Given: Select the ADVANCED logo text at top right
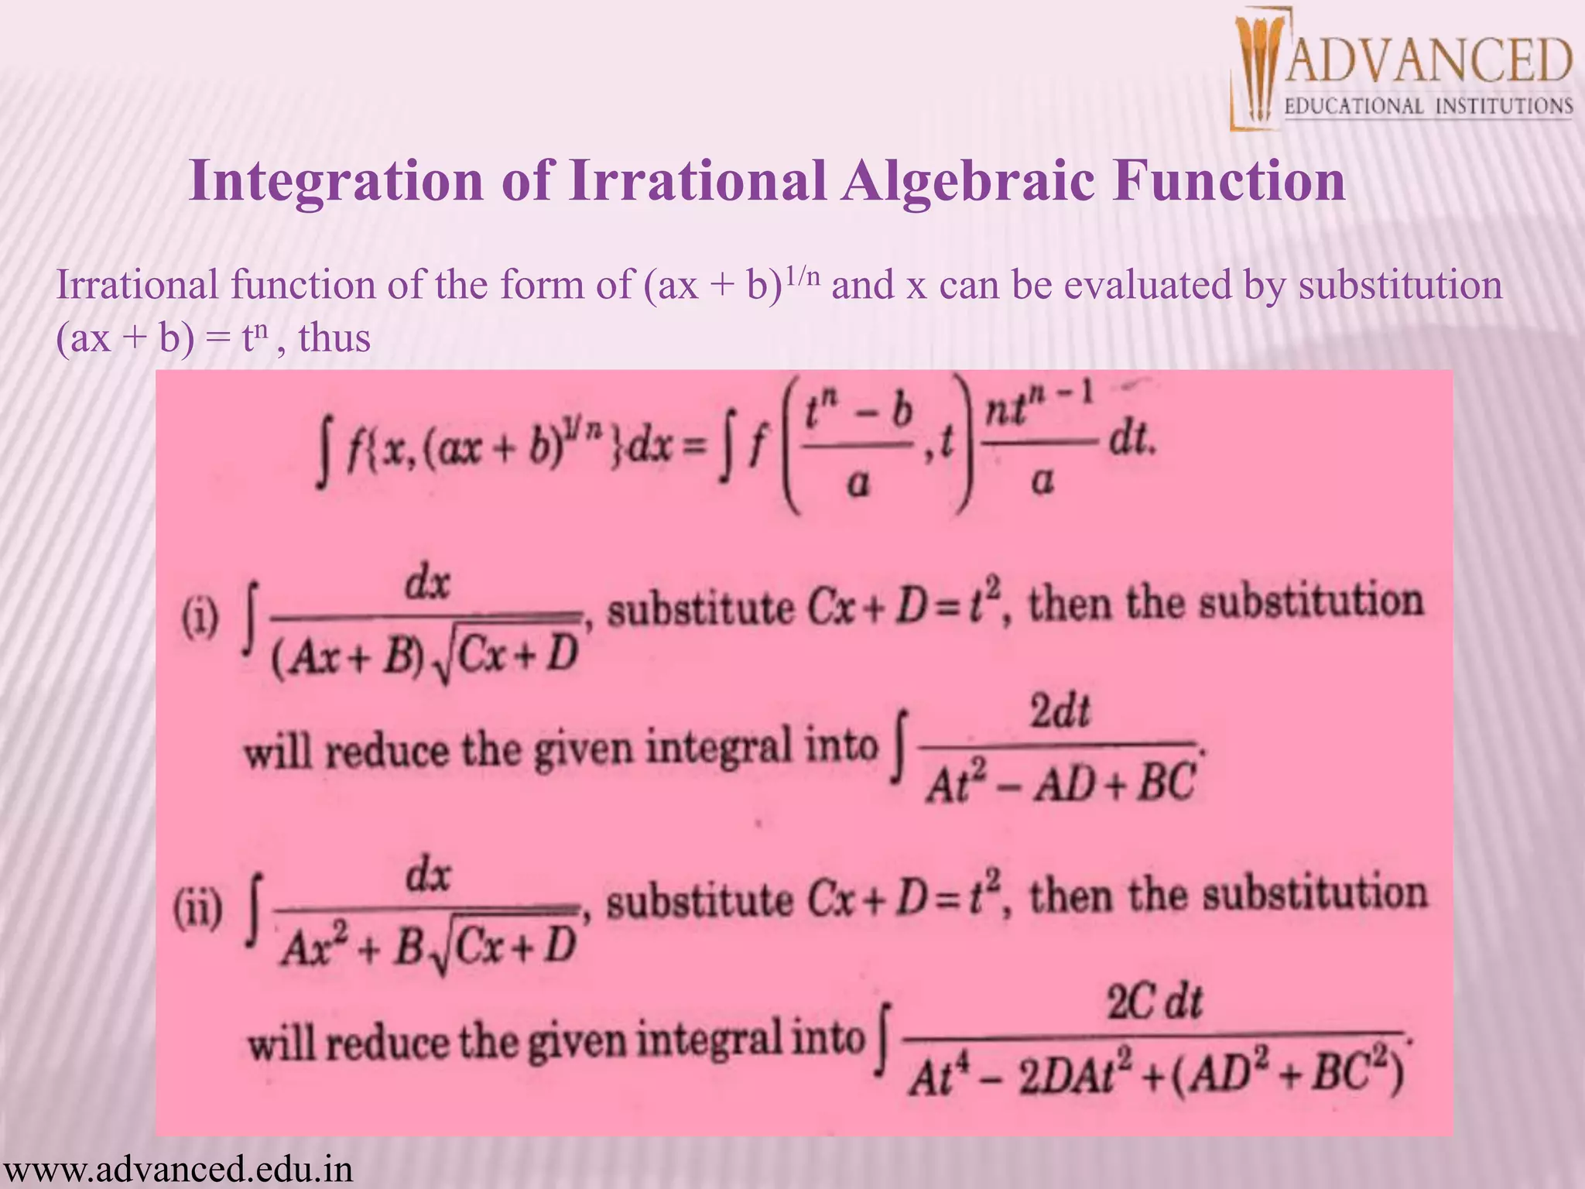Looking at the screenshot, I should (1429, 61).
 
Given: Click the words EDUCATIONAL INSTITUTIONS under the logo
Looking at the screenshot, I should (1429, 106).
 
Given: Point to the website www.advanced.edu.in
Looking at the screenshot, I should (177, 1168).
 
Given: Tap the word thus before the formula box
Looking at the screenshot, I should (334, 338).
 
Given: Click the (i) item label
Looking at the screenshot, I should (200, 620).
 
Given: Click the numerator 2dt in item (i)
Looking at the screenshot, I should (1060, 711).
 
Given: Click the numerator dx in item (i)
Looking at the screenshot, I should (428, 583).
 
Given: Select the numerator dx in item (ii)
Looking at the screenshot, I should (428, 877).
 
